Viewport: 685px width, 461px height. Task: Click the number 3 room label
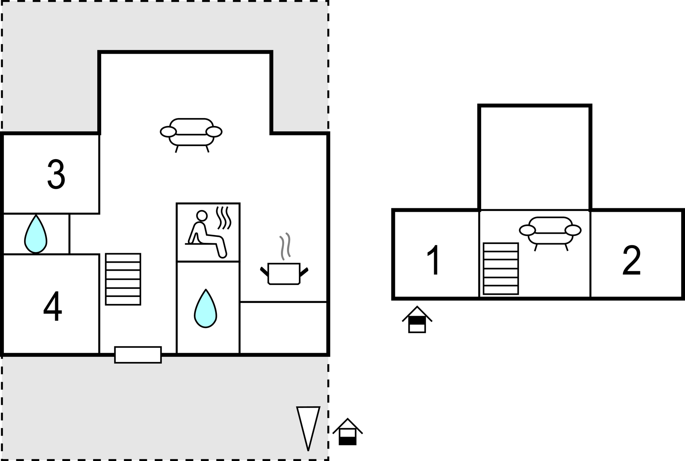56,174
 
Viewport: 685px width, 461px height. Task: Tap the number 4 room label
53,307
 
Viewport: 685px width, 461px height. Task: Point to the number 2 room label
632,260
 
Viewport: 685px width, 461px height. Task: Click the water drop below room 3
36,234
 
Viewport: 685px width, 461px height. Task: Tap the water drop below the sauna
206,308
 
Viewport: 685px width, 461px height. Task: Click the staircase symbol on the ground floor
123,279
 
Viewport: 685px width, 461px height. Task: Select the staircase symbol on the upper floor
501,268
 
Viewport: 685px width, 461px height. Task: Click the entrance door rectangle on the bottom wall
138,355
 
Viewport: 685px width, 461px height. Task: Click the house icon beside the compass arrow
348,432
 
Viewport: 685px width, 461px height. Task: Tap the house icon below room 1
417,319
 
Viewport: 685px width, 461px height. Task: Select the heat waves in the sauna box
223,218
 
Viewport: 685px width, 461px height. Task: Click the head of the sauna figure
202,215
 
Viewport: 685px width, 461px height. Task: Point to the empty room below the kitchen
283,328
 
